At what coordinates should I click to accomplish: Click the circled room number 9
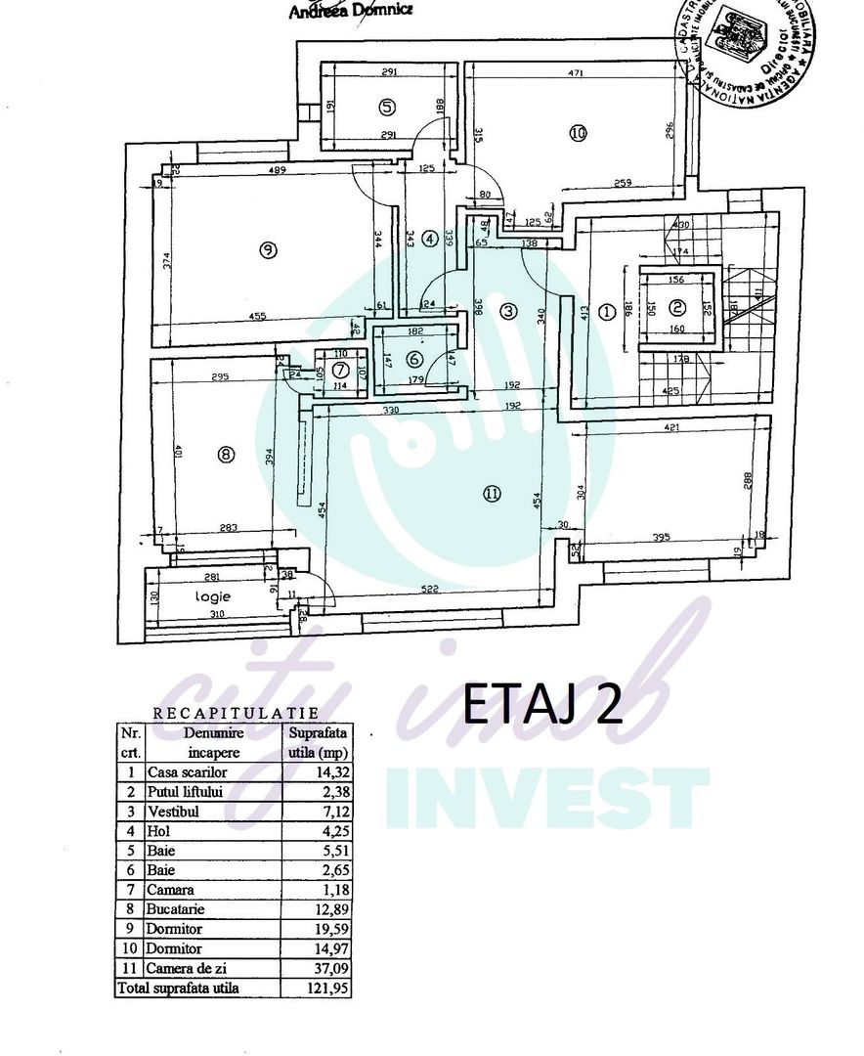tap(269, 250)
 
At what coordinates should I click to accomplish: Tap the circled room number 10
tap(578, 134)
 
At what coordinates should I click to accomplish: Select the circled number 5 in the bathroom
tap(387, 107)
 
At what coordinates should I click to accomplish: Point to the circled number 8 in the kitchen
tap(226, 454)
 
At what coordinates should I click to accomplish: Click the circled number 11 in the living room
tap(491, 494)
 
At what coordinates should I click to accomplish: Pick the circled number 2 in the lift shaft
tap(677, 306)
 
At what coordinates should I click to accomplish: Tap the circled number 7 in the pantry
tap(339, 371)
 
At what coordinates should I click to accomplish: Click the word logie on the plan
tap(212, 595)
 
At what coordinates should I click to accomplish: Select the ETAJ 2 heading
tap(541, 704)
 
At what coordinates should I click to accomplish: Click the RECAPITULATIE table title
tap(235, 715)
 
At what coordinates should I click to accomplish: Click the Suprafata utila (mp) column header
tap(316, 742)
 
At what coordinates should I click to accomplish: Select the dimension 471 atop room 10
tap(576, 73)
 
